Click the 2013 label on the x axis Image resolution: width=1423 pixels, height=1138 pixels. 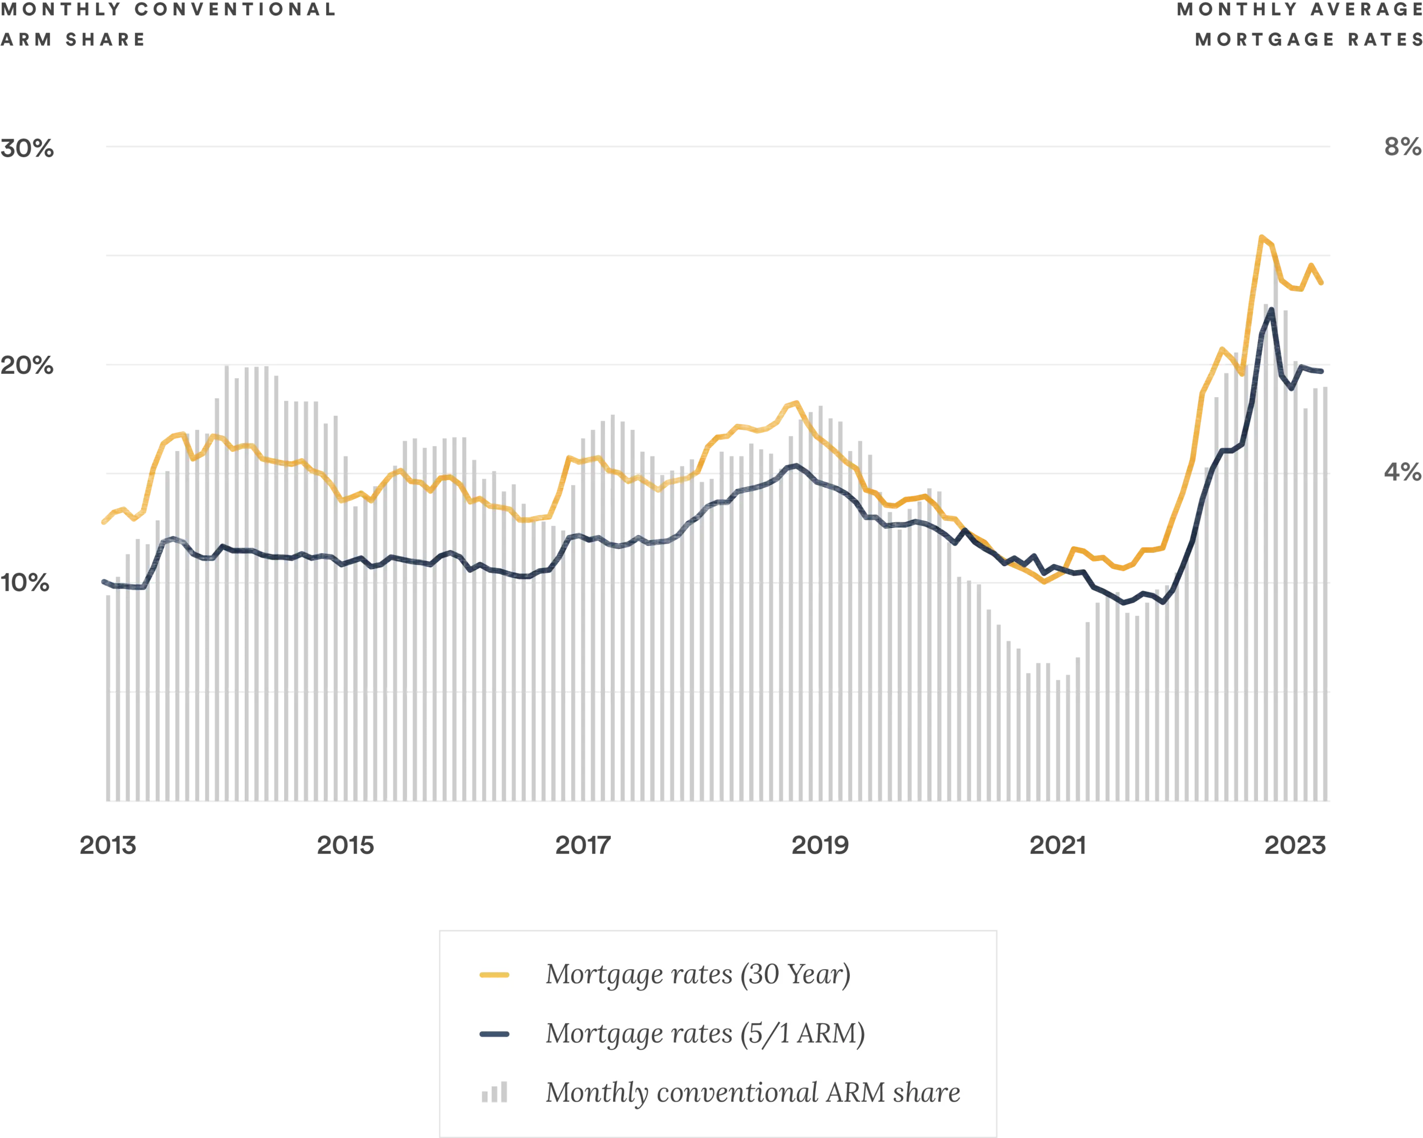tap(108, 846)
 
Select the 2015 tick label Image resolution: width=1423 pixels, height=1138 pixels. tap(346, 846)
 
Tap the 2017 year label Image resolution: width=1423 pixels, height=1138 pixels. tap(582, 846)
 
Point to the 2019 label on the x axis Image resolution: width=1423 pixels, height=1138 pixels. tap(820, 846)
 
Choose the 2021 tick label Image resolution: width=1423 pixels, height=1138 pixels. tap(1057, 846)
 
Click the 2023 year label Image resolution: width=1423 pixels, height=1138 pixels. tap(1296, 846)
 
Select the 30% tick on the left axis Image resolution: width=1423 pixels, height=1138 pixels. tap(28, 149)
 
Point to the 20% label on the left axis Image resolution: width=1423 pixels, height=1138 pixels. tap(28, 365)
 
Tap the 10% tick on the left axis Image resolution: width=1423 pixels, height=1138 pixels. tap(26, 582)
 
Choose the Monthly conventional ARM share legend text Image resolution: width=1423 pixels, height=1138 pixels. tap(753, 1093)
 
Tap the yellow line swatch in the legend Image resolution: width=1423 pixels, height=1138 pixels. tap(495, 975)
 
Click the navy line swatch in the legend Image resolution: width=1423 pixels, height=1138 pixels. tap(495, 1034)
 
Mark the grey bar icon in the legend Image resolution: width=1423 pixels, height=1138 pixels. tap(495, 1093)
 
